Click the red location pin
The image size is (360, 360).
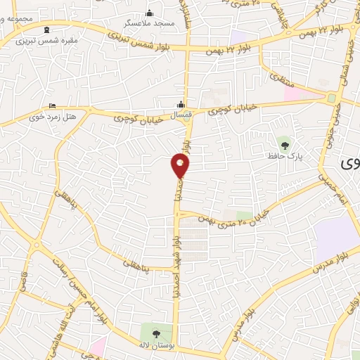181,165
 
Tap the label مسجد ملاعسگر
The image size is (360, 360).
150,23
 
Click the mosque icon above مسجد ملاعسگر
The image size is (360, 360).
149,13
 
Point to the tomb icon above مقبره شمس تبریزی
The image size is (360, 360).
47,30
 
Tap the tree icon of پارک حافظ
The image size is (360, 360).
284,143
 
